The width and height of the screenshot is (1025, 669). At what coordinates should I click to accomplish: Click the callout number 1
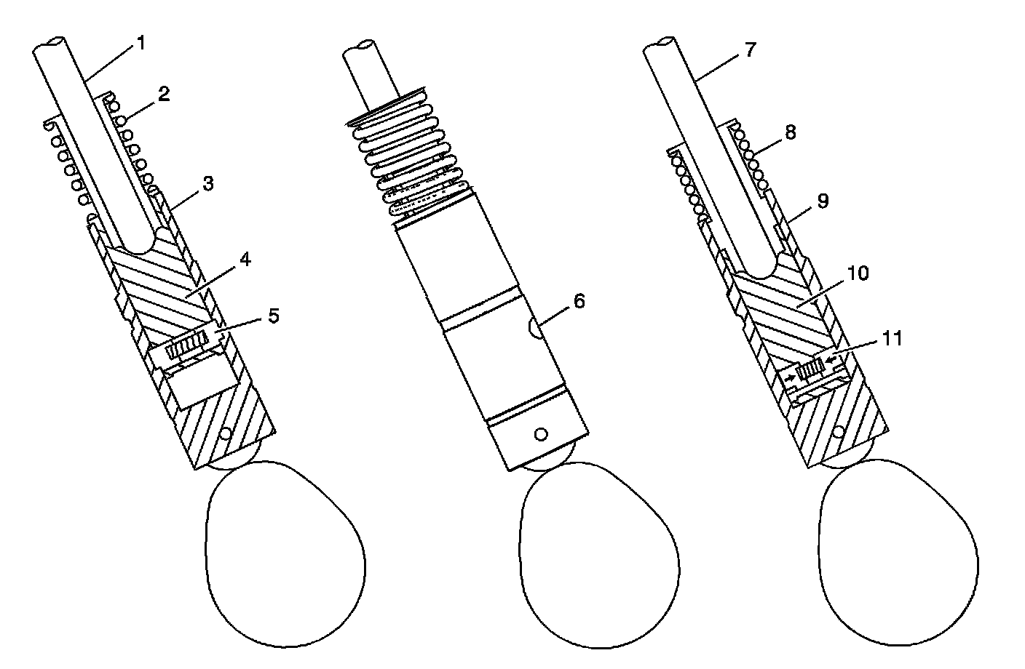[141, 44]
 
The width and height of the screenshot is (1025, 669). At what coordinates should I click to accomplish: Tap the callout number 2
[164, 95]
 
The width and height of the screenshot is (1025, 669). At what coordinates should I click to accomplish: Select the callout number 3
[208, 183]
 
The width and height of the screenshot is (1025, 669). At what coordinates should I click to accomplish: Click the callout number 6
[579, 301]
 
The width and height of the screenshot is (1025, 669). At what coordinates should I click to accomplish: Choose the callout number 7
[751, 49]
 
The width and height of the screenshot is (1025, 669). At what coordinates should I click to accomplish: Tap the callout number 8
[791, 132]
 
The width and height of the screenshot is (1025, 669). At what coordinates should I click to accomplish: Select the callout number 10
[858, 273]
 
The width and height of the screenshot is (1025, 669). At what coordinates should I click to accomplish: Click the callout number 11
[892, 339]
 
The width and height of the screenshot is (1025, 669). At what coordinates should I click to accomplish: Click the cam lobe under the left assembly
[285, 553]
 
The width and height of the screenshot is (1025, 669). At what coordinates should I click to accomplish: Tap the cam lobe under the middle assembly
[599, 553]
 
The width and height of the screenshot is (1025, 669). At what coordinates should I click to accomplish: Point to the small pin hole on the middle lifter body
[539, 434]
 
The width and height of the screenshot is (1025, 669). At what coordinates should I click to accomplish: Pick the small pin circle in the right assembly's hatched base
[840, 432]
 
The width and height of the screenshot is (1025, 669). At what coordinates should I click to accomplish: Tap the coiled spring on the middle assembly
[411, 156]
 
